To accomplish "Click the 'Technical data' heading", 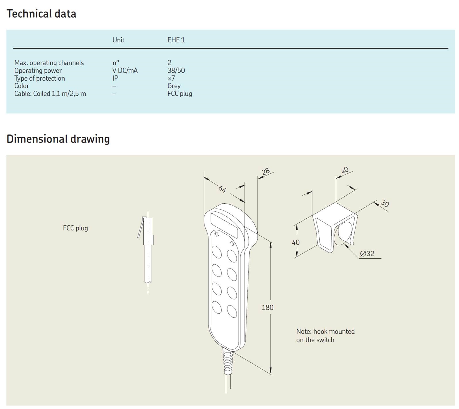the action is (41, 14).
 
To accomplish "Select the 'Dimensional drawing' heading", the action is (58, 139).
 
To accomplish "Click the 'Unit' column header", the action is (118, 40).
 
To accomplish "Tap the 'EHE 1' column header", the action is (176, 40).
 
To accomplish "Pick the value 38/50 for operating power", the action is (176, 70).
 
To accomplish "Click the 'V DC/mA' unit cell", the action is (125, 70).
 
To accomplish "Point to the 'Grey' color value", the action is (174, 86).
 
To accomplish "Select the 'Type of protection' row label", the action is (40, 78).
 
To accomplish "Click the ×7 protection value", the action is (171, 78).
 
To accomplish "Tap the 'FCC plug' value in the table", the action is (180, 94).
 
